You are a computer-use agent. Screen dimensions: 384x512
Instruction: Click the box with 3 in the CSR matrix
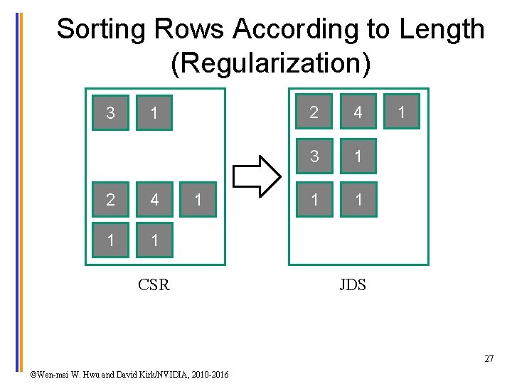pyautogui.click(x=110, y=112)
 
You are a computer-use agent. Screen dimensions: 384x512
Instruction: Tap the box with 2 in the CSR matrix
pyautogui.click(x=110, y=200)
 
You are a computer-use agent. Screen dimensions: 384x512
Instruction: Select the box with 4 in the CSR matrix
pyautogui.click(x=154, y=200)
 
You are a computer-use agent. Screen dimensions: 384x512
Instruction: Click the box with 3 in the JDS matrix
pyautogui.click(x=314, y=156)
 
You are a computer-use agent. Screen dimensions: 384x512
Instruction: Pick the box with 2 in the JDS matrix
pyautogui.click(x=314, y=112)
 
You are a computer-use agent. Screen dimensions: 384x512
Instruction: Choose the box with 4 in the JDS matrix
pyautogui.click(x=358, y=112)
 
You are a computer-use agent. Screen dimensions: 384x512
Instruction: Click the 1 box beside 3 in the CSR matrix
pyautogui.click(x=154, y=112)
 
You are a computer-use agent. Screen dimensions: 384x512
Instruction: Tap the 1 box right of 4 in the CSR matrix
pyautogui.click(x=198, y=200)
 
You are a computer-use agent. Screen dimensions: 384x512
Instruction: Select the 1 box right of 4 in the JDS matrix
pyautogui.click(x=402, y=112)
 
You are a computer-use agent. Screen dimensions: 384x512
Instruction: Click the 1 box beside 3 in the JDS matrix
pyautogui.click(x=358, y=156)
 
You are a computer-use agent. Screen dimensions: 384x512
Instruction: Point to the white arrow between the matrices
pyautogui.click(x=257, y=175)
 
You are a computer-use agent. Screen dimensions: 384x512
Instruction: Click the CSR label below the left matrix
pyautogui.click(x=154, y=285)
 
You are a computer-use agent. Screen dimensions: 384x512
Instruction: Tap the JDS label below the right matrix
pyautogui.click(x=353, y=285)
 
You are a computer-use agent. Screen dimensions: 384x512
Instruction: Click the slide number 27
pyautogui.click(x=489, y=359)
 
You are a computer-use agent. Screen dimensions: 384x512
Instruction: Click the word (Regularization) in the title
pyautogui.click(x=271, y=64)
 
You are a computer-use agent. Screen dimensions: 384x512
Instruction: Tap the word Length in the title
pyautogui.click(x=442, y=30)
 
